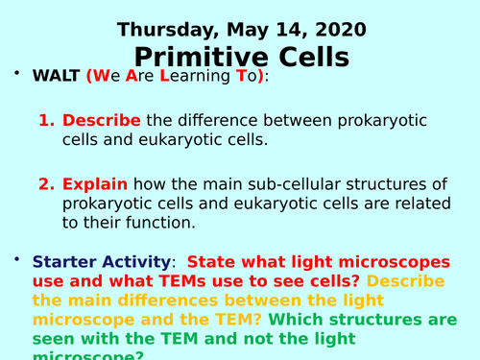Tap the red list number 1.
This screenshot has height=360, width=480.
pos(45,121)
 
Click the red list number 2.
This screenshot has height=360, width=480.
pos(45,182)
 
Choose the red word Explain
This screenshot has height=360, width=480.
pos(96,182)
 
